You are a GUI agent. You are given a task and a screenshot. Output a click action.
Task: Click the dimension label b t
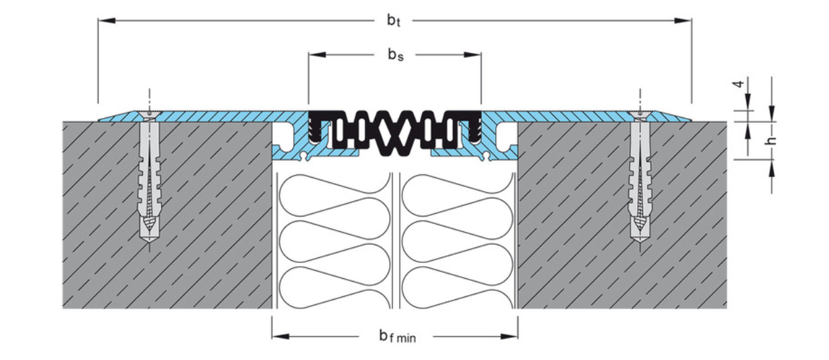394,21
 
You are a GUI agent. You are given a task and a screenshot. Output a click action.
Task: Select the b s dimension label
396,55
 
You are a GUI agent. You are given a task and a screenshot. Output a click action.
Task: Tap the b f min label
398,337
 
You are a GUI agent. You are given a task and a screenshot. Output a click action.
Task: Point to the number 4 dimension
739,84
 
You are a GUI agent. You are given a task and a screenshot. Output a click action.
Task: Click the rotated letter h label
771,141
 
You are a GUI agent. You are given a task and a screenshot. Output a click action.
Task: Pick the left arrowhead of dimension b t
107,21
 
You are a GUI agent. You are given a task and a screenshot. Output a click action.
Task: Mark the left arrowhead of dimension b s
317,55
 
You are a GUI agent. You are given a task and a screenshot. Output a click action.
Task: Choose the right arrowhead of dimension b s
473,55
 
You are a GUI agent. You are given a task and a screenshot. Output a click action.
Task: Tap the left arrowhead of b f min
280,337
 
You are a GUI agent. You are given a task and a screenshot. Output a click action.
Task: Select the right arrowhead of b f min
509,337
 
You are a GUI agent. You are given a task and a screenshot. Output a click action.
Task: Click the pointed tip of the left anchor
149,242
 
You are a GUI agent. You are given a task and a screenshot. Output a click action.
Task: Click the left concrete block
167,215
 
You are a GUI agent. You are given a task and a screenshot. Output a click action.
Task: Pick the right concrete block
622,215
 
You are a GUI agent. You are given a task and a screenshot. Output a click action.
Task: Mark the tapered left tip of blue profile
99,121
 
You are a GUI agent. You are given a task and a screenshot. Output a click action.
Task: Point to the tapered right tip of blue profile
691,121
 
